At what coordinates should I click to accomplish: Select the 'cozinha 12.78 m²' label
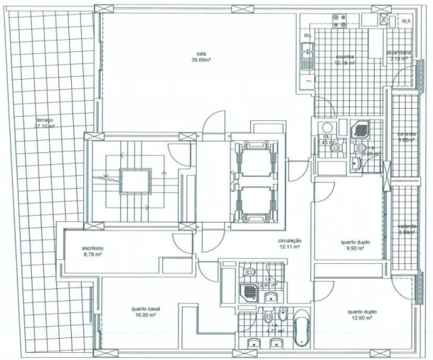pyautogui.click(x=345, y=59)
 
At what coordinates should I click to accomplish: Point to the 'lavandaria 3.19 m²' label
pyautogui.click(x=397, y=56)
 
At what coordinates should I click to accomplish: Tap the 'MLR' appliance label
pyautogui.click(x=406, y=21)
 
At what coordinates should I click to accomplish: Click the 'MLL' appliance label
pyautogui.click(x=308, y=36)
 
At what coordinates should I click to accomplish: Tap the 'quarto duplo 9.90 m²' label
pyautogui.click(x=351, y=245)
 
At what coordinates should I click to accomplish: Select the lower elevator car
pyautogui.click(x=254, y=202)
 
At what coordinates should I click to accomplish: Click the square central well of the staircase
pyautogui.click(x=135, y=182)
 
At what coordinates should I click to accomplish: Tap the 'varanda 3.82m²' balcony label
pyautogui.click(x=407, y=137)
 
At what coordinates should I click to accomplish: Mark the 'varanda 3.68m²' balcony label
pyautogui.click(x=407, y=230)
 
